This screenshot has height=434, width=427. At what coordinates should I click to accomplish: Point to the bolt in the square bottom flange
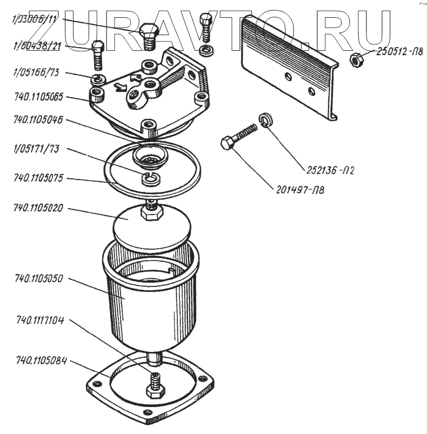coord(155,386)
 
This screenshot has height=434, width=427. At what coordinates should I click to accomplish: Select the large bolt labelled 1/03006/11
coord(149,37)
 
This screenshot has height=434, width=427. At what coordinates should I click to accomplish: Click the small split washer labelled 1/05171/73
coord(152,179)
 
